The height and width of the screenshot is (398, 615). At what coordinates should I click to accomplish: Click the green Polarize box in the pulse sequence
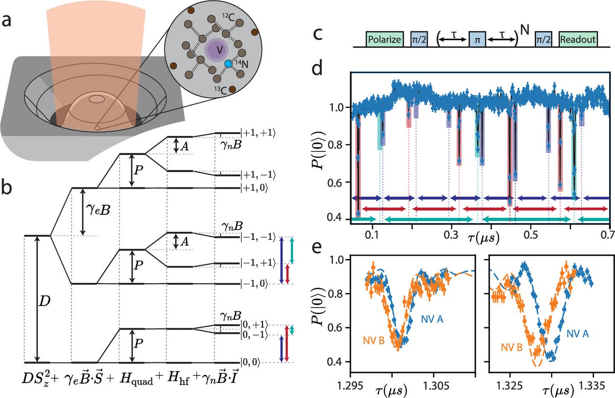coord(384,39)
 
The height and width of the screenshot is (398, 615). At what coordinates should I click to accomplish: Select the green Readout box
coord(578,39)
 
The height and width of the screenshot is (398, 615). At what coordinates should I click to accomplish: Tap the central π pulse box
coord(477,40)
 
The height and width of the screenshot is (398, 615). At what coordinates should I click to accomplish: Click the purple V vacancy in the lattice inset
coord(219,50)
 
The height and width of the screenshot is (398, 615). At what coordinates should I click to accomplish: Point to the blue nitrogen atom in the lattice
coord(229,64)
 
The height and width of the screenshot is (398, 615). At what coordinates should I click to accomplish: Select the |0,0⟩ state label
coord(250,363)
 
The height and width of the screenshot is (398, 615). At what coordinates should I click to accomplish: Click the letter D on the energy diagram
coord(44,302)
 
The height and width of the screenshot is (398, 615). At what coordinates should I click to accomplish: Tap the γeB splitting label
coord(98,209)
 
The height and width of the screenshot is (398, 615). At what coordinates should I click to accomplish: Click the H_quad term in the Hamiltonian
coord(136,379)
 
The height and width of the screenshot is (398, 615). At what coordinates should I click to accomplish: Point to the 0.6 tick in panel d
coord(337,183)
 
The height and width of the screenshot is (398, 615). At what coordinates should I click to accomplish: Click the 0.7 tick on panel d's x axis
coord(608,235)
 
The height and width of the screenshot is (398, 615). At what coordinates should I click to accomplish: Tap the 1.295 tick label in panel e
coord(350,386)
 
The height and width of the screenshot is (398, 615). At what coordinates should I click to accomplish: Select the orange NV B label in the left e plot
coord(374,341)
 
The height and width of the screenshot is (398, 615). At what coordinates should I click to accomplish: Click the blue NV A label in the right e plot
coord(577,334)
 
